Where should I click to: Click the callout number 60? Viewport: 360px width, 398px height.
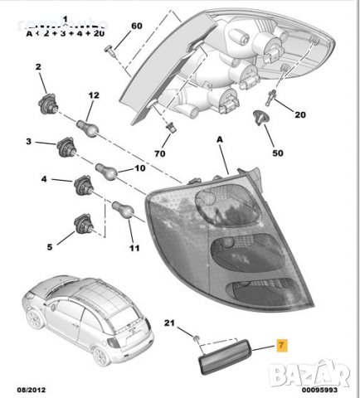(x=136, y=26)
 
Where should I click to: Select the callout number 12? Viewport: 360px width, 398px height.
(x=94, y=96)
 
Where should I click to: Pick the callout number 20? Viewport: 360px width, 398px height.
(x=300, y=114)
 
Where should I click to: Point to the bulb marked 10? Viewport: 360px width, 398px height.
(x=107, y=171)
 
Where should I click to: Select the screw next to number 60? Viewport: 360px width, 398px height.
(x=111, y=52)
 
